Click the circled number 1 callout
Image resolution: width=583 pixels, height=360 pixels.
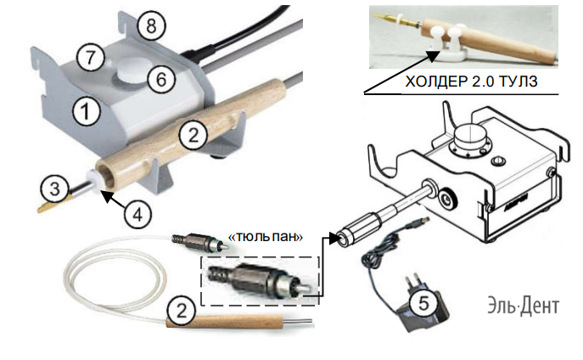pos(84,108)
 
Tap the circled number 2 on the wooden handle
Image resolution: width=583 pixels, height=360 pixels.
pos(194,133)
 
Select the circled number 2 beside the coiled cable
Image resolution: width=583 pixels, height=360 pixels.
pos(177,312)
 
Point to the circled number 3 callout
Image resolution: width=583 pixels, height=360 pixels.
pos(54,185)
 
